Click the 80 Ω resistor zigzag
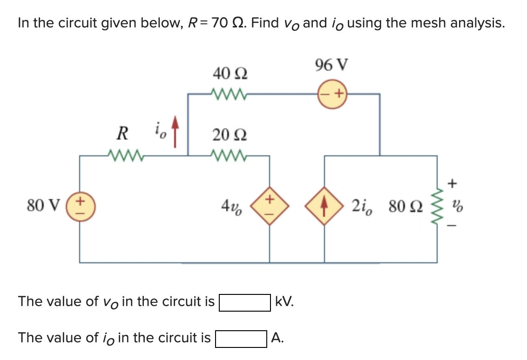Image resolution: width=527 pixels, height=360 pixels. coord(436,205)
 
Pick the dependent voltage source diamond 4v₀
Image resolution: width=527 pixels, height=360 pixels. coord(270,205)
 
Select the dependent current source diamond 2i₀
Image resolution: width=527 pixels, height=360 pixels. coord(324,205)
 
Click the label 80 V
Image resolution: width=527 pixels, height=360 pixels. coord(43,205)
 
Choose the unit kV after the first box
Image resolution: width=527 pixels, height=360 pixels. coord(284,302)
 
